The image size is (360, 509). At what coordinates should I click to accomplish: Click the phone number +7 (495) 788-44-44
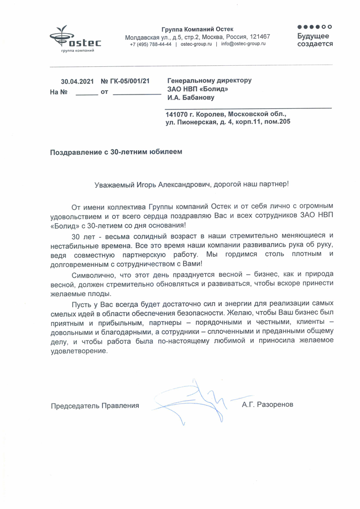coord(150,44)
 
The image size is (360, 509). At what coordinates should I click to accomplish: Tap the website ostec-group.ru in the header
coord(196,44)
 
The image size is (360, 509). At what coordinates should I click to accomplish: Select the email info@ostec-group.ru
coord(243,44)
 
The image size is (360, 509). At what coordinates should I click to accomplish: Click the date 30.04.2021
coord(77,81)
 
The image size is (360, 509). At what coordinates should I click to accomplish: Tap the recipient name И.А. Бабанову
coord(190,97)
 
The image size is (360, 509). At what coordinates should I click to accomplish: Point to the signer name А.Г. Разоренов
coord(267,405)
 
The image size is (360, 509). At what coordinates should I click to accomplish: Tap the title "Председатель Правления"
coord(95,406)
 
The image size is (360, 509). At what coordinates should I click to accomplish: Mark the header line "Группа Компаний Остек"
coord(197,29)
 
